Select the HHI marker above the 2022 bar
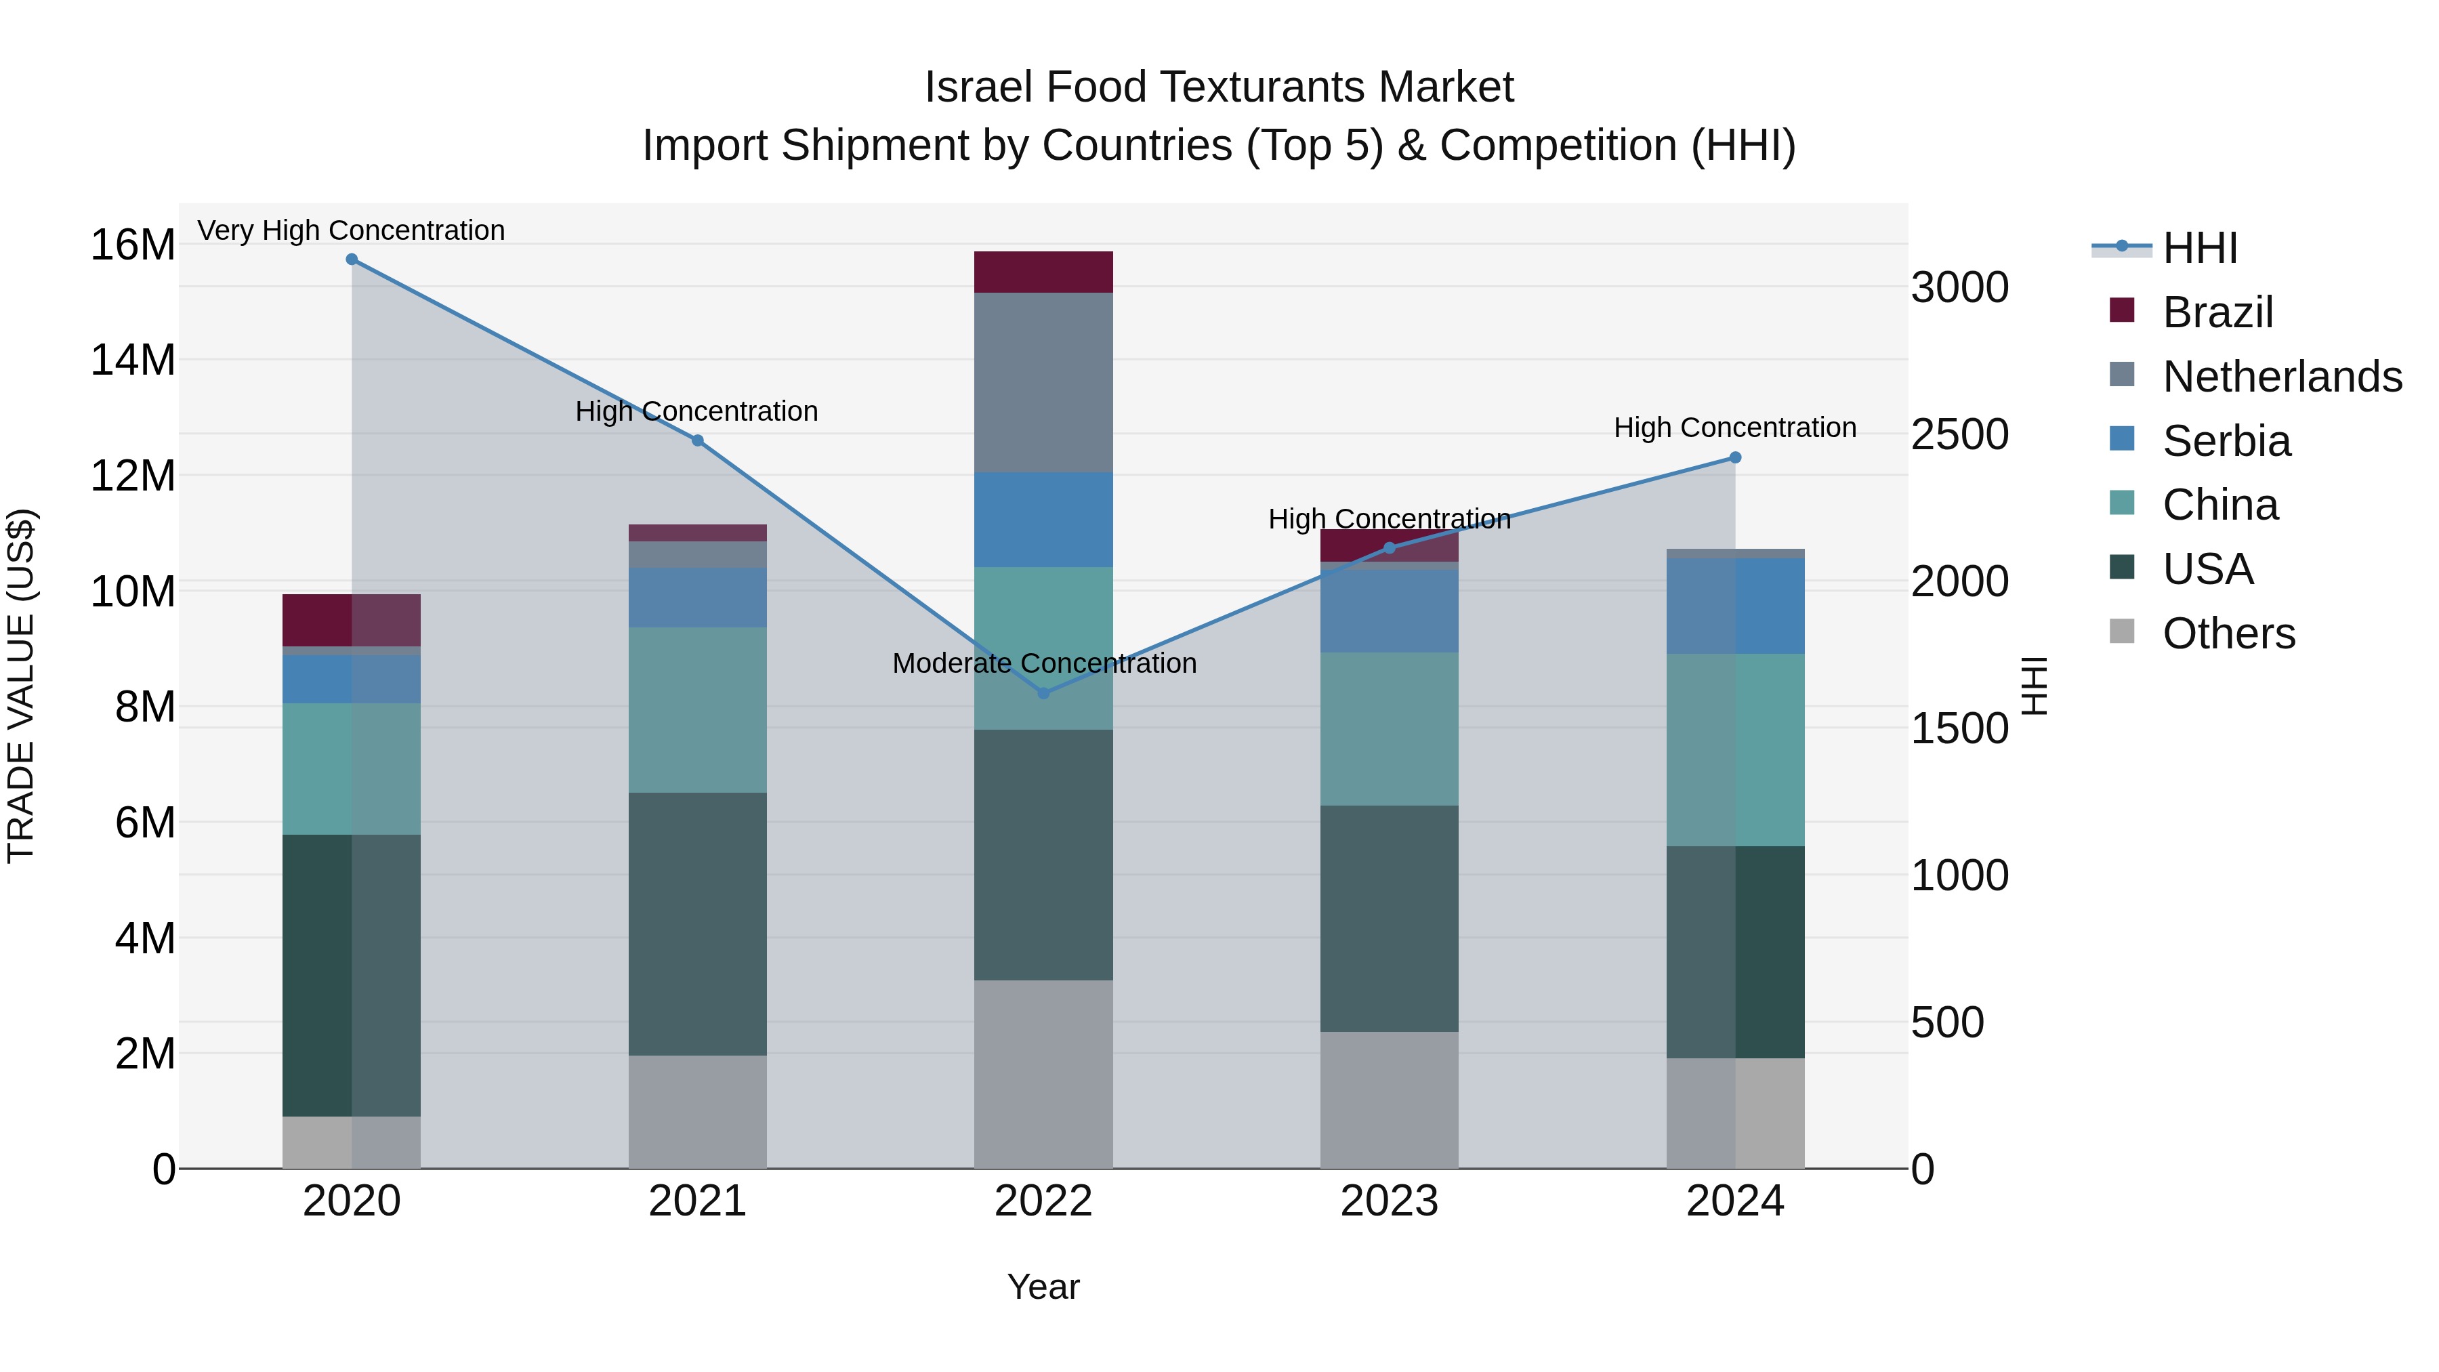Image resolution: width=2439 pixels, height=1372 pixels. coord(1043,693)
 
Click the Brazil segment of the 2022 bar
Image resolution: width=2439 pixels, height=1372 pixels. coord(1043,272)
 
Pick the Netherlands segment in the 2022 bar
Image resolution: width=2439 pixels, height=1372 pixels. coord(1043,383)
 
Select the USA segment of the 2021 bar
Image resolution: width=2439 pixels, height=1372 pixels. coord(698,923)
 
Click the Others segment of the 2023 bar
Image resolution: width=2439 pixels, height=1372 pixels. coord(1389,1100)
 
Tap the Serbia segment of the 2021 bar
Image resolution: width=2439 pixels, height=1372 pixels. coord(698,598)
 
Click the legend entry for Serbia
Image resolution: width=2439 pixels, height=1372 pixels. coord(2225,441)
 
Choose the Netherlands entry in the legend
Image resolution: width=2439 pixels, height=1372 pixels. coord(2281,377)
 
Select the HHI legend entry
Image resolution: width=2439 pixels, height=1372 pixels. coord(2198,248)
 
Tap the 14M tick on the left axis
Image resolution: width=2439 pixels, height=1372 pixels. coord(133,360)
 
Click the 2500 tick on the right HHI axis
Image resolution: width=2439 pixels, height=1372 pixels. coord(1959,434)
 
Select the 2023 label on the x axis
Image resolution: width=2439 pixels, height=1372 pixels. coord(1389,1201)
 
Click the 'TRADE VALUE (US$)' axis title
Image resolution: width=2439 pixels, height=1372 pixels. coord(22,686)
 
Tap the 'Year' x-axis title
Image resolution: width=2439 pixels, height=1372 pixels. coord(1043,1287)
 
